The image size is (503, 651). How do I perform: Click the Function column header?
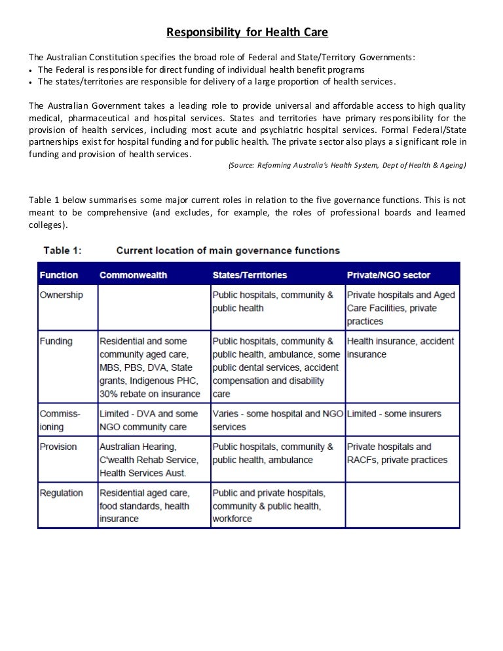[59, 275]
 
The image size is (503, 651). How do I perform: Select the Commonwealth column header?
[133, 275]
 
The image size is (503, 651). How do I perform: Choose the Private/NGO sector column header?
[388, 275]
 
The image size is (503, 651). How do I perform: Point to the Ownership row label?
[62, 295]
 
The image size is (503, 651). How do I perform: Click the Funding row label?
[56, 341]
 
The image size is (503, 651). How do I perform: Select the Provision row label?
[58, 447]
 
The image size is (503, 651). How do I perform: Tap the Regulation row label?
[62, 493]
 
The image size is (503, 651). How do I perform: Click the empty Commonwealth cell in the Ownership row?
[152, 308]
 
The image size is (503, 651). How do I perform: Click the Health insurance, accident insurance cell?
[400, 348]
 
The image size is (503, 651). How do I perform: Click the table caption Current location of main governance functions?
[228, 250]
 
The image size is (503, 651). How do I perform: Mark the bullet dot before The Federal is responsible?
[32, 70]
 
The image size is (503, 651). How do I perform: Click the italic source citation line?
[346, 166]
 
